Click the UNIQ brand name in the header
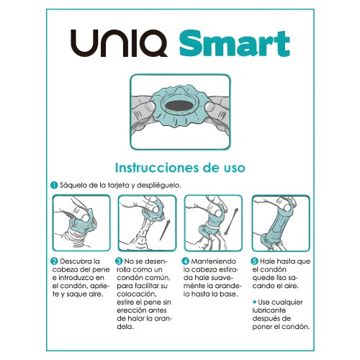[118, 44]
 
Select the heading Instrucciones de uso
[179, 167]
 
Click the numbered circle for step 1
[54, 185]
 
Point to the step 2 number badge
[54, 261]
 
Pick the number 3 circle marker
[119, 261]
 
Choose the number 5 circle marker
[254, 261]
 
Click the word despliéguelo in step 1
[159, 185]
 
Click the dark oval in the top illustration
[179, 104]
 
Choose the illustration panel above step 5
[279, 222]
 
